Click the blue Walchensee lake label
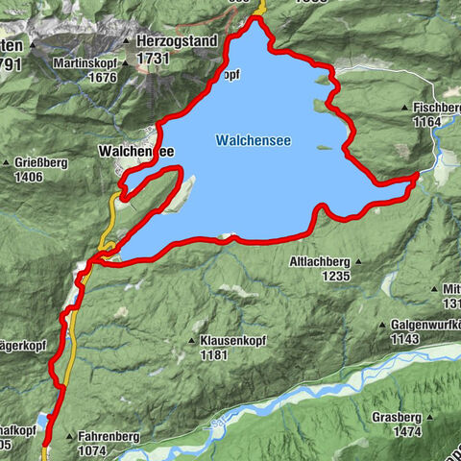pos(253,141)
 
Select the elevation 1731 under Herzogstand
pos(154,59)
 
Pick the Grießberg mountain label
pos(40,163)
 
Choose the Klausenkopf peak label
pos(232,341)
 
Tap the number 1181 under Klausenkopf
pos(214,354)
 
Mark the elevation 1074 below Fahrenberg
pos(93,450)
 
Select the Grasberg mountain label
pos(400,419)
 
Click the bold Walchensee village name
pos(135,152)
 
